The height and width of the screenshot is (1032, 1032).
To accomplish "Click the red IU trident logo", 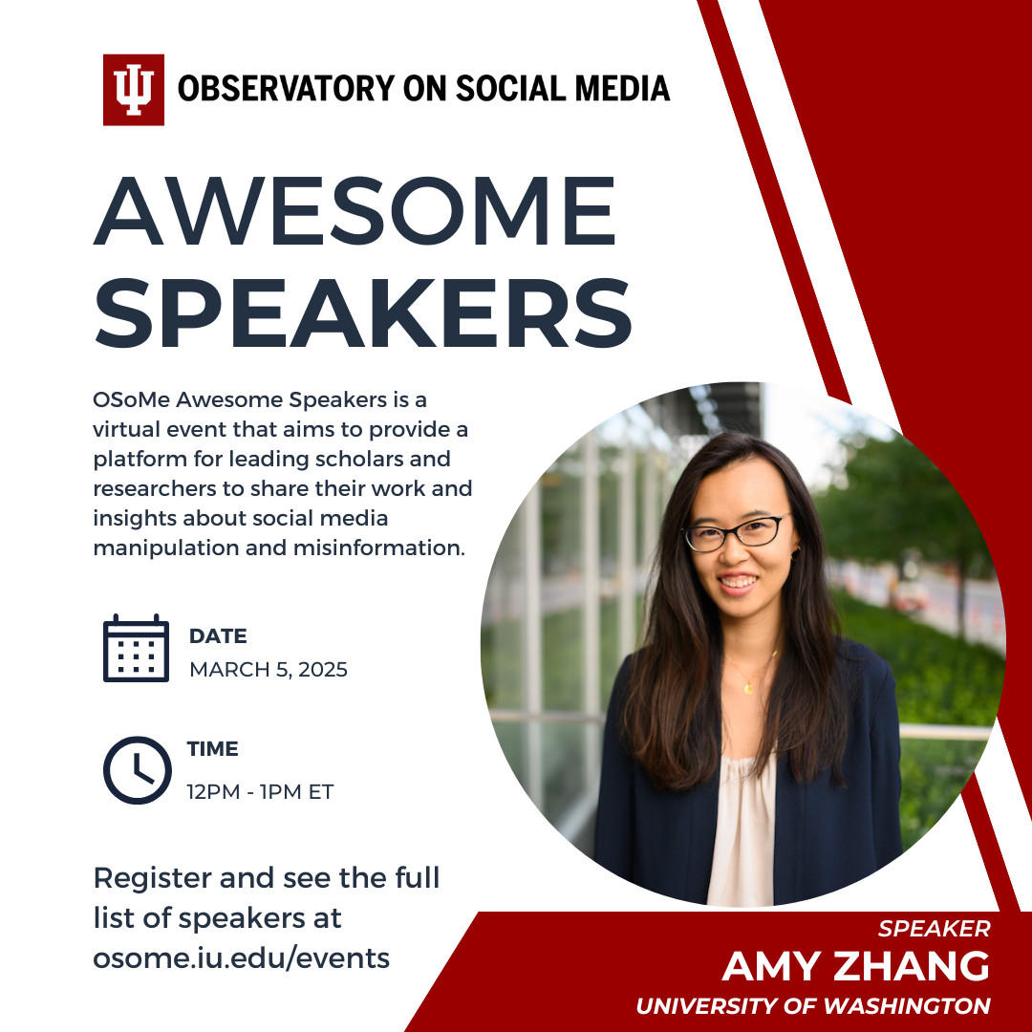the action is click(134, 90).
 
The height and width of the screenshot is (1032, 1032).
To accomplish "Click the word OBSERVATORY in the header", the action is click(287, 89).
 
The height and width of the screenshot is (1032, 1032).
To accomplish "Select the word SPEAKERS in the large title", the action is click(363, 312).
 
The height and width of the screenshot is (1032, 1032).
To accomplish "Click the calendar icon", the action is click(137, 648).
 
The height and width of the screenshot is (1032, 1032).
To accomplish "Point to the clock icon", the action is click(138, 770).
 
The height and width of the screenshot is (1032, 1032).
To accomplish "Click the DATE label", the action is click(218, 635).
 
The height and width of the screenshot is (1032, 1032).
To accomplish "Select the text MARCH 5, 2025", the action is click(268, 669).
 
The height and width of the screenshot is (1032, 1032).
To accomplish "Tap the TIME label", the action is click(212, 748).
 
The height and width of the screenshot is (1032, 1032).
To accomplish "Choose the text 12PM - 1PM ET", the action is click(260, 791).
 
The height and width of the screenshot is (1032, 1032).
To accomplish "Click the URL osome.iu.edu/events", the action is click(242, 957).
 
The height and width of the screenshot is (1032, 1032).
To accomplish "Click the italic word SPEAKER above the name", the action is click(934, 928).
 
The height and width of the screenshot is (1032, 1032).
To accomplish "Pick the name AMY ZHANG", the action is click(855, 966).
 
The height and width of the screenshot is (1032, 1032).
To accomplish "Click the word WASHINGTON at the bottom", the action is click(906, 1005).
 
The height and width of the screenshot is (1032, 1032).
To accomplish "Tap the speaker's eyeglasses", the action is click(735, 533).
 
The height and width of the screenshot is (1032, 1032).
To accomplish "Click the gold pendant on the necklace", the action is click(748, 688).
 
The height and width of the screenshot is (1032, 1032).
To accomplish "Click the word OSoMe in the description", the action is click(132, 399).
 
